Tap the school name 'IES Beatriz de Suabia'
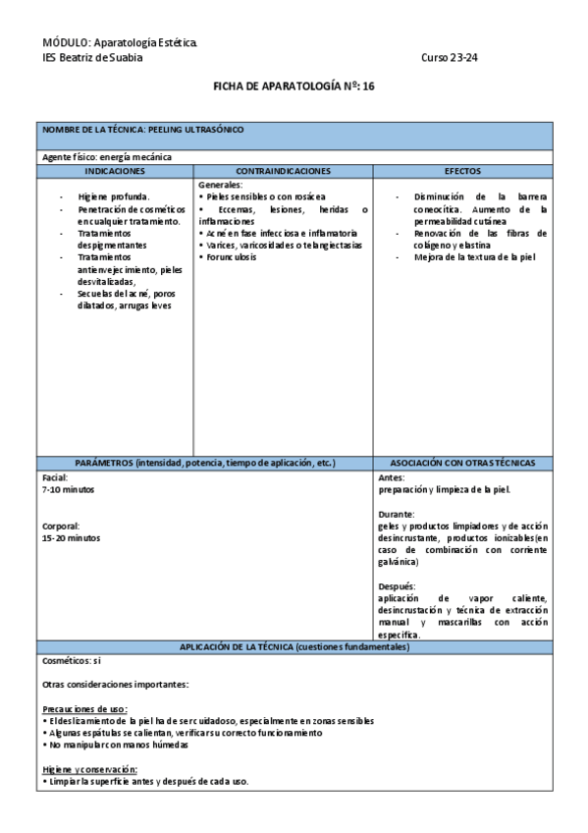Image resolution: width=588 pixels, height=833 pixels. pos(92,57)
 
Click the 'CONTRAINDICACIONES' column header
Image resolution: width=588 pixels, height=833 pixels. pos(283,171)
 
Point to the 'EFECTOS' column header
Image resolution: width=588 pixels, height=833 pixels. pos(462,171)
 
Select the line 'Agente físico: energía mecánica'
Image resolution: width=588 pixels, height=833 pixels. pos(107,157)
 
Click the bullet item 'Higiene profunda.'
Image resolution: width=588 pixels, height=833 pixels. pos(114,196)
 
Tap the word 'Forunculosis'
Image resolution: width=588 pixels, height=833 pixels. pos(234,256)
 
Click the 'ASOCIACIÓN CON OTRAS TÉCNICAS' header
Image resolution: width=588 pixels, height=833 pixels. pos(462,463)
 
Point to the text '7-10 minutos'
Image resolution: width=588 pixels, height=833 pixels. pos(69,488)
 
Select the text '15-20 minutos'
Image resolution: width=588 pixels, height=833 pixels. pos(71,537)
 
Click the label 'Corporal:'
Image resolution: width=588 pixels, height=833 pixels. pos(61,526)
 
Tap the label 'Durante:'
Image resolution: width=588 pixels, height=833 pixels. pos(397,513)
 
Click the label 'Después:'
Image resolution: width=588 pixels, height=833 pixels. pos(397,586)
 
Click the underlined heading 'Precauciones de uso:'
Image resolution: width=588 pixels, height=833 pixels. pos(85,709)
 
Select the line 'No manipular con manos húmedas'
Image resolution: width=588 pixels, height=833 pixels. pos(118,745)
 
